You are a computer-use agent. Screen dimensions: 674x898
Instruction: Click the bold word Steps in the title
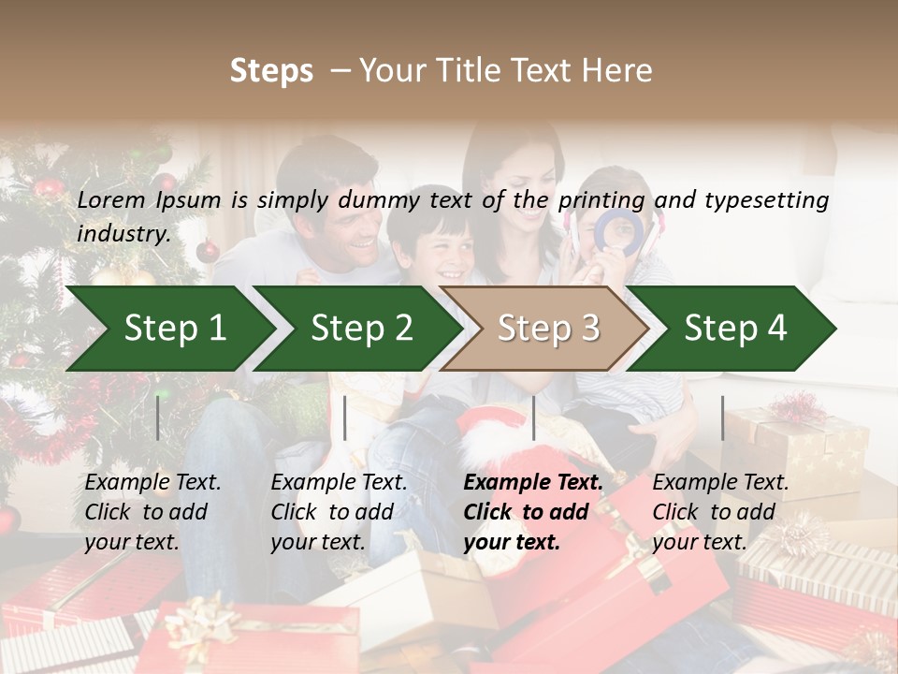(271, 71)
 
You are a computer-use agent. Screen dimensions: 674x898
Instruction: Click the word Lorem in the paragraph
(110, 199)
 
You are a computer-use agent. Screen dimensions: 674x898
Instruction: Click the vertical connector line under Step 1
(158, 418)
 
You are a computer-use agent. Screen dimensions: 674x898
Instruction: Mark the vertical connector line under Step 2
(345, 418)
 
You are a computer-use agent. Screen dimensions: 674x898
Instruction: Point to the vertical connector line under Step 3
(533, 418)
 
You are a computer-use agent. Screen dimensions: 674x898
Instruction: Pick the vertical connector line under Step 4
(722, 418)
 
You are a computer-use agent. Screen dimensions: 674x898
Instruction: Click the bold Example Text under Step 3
(533, 483)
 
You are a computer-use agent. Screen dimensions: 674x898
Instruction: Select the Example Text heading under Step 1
(152, 483)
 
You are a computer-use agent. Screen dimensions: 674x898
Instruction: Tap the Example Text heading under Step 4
(720, 483)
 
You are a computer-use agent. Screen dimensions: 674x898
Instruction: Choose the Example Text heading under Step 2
(339, 483)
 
